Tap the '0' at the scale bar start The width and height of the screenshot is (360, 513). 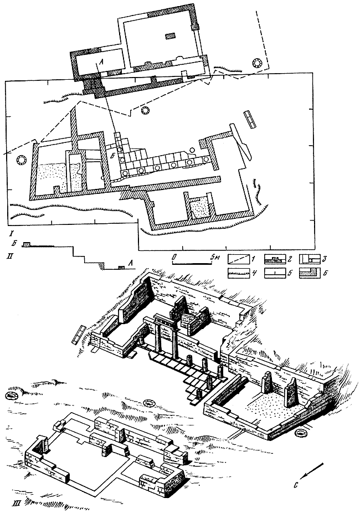pyautogui.click(x=174, y=257)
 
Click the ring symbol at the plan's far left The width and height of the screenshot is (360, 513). pyautogui.click(x=23, y=161)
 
